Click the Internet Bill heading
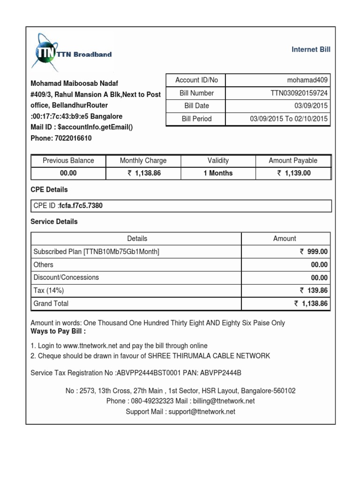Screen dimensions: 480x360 tap(311, 49)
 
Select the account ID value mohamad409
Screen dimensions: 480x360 tap(307, 80)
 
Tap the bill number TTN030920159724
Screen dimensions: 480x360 tap(299, 93)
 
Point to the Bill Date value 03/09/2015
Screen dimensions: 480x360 tap(312, 106)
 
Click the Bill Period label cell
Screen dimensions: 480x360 tap(196, 119)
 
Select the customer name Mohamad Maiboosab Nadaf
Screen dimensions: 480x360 tap(74, 84)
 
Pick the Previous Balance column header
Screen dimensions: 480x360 tap(68, 161)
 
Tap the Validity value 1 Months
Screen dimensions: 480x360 tap(218, 173)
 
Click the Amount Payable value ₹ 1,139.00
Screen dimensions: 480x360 tap(293, 173)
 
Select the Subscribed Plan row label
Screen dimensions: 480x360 tap(96, 252)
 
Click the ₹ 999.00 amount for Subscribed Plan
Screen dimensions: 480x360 tap(314, 252)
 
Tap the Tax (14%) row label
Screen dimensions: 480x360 tap(49, 291)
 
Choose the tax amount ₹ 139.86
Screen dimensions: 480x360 tap(314, 291)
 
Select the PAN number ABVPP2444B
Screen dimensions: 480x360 tap(221, 373)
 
